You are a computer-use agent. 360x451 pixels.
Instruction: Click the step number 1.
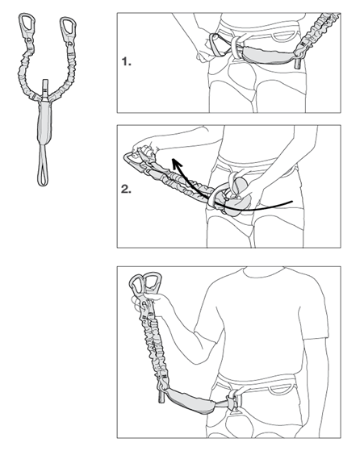pos(127,61)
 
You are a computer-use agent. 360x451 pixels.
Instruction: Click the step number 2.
pos(126,190)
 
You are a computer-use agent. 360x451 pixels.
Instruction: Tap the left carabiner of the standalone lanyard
pos(27,24)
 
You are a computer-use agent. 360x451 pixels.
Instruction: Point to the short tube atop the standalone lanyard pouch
pos(44,89)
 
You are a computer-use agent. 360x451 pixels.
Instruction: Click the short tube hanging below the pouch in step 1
pos(298,63)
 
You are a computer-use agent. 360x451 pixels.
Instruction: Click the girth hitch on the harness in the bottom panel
pos(233,400)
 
